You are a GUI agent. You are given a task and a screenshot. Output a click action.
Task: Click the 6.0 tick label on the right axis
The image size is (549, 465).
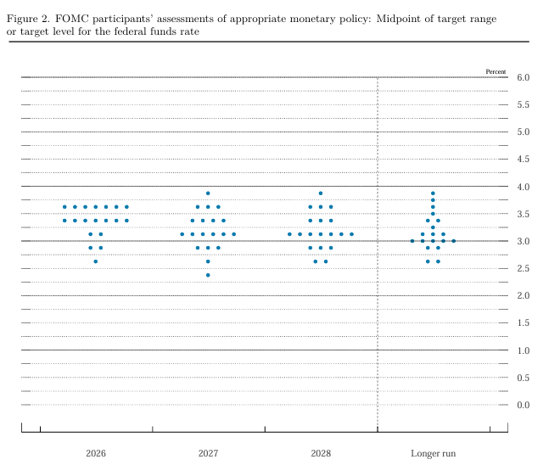523,77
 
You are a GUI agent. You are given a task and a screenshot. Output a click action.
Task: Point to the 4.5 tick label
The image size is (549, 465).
523,160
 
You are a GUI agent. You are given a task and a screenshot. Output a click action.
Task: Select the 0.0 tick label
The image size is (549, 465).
523,405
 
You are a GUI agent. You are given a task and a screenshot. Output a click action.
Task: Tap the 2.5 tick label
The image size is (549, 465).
523,268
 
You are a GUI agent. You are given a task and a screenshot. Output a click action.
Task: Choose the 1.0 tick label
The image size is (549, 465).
523,350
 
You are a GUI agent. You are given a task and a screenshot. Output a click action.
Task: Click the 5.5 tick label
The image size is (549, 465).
523,104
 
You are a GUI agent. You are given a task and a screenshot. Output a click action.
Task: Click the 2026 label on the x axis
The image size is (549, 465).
96,453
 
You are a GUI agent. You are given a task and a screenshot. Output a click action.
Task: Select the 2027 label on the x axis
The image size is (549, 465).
208,453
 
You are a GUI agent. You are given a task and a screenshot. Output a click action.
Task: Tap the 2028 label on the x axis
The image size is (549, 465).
321,453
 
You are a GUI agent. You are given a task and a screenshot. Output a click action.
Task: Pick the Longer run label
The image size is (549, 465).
433,453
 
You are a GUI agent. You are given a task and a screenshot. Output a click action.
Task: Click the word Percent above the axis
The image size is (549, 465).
496,71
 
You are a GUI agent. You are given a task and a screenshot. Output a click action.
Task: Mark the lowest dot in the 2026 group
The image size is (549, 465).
96,261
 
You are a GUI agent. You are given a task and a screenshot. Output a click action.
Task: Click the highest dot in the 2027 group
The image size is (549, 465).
208,193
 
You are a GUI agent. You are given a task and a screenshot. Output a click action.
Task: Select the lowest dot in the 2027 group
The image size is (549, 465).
208,275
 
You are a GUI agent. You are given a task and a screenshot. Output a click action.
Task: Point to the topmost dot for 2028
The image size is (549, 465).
321,193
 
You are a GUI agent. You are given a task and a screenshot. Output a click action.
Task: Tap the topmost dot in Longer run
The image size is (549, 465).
433,193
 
